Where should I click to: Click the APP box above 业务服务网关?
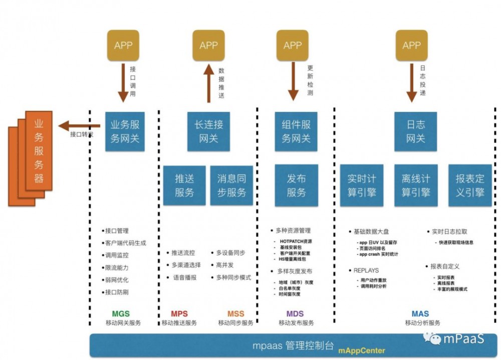pos(123,46)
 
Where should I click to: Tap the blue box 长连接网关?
pos(208,131)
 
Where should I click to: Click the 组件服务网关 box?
pos(296,131)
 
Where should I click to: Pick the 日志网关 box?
pos(415,131)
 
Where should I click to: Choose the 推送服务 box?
pos(184,186)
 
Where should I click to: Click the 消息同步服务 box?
pos(231,186)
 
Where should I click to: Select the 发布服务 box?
pos(296,186)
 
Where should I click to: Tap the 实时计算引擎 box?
pos(361,186)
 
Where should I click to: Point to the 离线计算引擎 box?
pos(415,186)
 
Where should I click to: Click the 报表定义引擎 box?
pos(469,186)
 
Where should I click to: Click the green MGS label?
pos(121,314)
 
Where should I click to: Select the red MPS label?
pos(179,314)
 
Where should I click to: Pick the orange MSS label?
pos(235,314)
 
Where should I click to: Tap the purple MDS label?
pos(295,314)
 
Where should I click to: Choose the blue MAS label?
pos(420,314)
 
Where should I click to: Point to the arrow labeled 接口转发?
pos(75,126)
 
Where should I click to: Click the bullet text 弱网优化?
pos(116,280)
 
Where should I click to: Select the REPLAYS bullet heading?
pos(366,271)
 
